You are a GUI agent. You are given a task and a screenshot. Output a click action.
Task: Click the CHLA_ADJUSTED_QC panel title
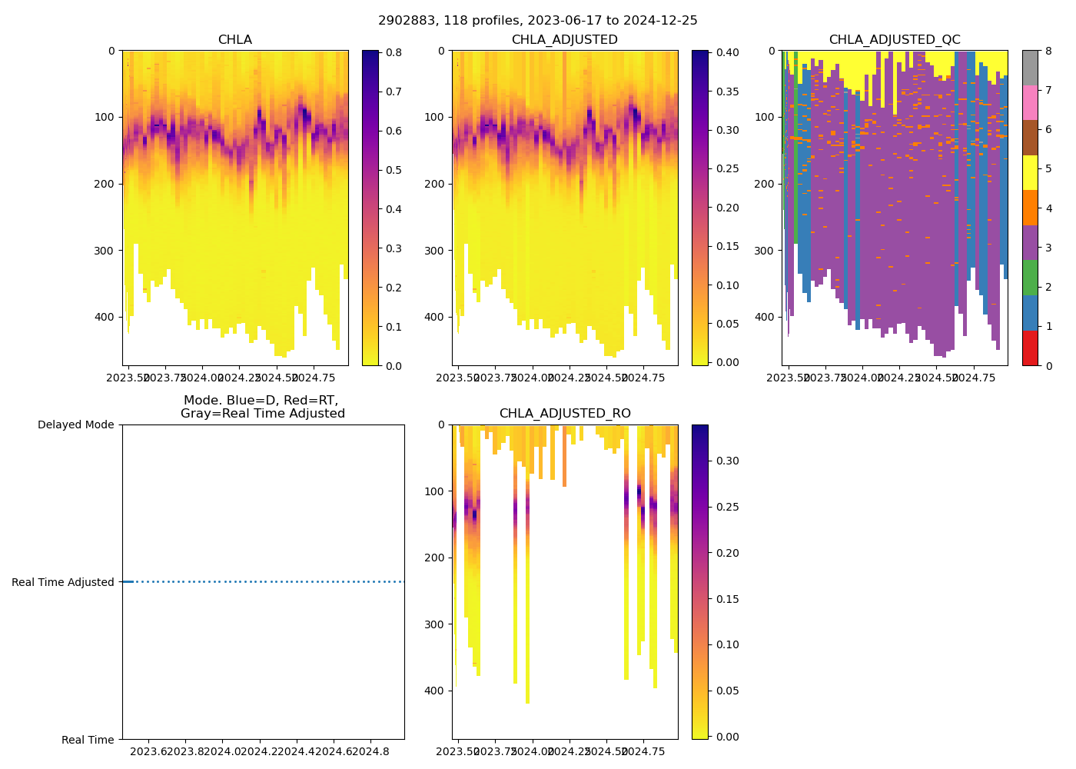pyautogui.click(x=894, y=40)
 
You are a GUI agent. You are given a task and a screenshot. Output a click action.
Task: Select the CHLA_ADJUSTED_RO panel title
pyautogui.click(x=565, y=414)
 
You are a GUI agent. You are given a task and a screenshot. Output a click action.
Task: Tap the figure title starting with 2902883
pyautogui.click(x=538, y=21)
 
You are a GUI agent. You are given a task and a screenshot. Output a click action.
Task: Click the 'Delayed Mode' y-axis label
pyautogui.click(x=75, y=424)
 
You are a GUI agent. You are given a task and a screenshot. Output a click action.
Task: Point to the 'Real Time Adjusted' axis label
pyautogui.click(x=63, y=582)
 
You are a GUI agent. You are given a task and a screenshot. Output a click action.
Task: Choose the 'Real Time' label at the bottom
pyautogui.click(x=88, y=740)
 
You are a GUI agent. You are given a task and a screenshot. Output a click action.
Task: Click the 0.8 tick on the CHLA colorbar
pyautogui.click(x=393, y=52)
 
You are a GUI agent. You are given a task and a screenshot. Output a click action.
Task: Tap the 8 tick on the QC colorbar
pyautogui.click(x=1048, y=51)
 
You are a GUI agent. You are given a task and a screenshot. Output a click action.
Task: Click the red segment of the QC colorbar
pyautogui.click(x=1030, y=348)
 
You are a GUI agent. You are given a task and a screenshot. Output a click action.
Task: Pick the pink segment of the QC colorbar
pyautogui.click(x=1030, y=102)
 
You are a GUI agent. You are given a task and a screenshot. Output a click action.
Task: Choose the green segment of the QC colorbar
pyautogui.click(x=1030, y=278)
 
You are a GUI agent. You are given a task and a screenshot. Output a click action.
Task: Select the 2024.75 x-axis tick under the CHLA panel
pyautogui.click(x=312, y=378)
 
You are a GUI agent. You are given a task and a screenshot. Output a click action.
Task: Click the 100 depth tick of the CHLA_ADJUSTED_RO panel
pyautogui.click(x=436, y=491)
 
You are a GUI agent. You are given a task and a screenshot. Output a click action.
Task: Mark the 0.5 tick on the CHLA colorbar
pyautogui.click(x=393, y=170)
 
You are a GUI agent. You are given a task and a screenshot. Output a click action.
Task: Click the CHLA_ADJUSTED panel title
pyautogui.click(x=565, y=40)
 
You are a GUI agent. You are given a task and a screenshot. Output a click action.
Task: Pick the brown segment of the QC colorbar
pyautogui.click(x=1030, y=138)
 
